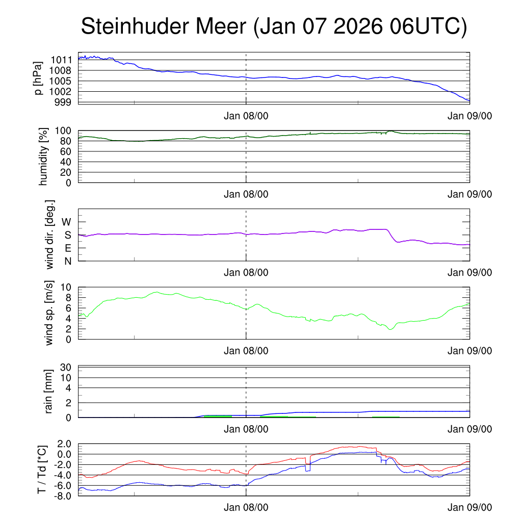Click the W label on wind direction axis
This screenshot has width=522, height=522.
coord(66,222)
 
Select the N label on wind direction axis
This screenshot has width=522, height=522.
coord(67,261)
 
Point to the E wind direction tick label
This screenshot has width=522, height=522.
coord(67,248)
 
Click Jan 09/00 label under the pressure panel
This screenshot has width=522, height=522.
coord(469,116)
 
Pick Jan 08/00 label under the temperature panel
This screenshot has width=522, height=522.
coord(246,507)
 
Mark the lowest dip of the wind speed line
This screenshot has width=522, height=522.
coord(390,329)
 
